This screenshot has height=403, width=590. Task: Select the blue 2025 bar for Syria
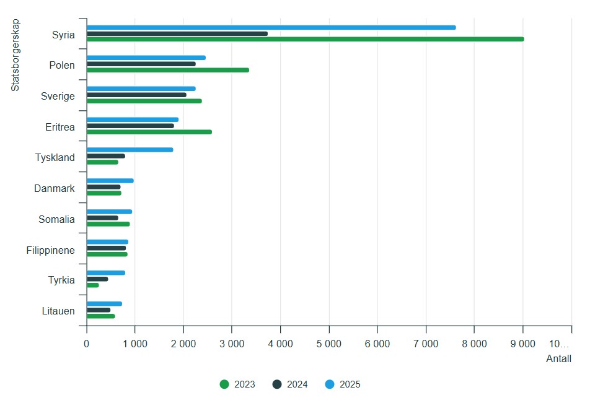(x=271, y=27)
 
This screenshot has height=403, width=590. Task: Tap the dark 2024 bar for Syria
(x=177, y=33)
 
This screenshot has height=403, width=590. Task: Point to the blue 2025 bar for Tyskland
(x=130, y=150)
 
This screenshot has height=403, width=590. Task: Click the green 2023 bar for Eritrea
(x=149, y=132)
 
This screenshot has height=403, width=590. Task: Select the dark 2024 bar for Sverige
(x=136, y=95)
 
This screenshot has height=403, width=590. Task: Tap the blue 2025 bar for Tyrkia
(x=105, y=273)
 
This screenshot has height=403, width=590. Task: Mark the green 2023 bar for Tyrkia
(x=92, y=285)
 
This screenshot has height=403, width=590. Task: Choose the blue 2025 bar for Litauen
(x=104, y=304)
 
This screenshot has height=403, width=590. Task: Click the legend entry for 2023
(x=238, y=384)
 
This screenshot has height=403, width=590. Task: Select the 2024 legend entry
(x=291, y=384)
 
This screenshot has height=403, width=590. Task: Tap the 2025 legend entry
(x=343, y=384)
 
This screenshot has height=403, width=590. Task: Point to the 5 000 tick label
(x=328, y=344)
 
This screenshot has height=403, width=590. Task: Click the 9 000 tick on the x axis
(x=522, y=344)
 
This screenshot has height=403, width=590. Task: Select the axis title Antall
(x=558, y=359)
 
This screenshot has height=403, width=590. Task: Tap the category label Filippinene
(x=51, y=251)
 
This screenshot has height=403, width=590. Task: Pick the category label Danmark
(x=55, y=188)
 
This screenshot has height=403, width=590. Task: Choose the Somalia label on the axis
(x=56, y=219)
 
